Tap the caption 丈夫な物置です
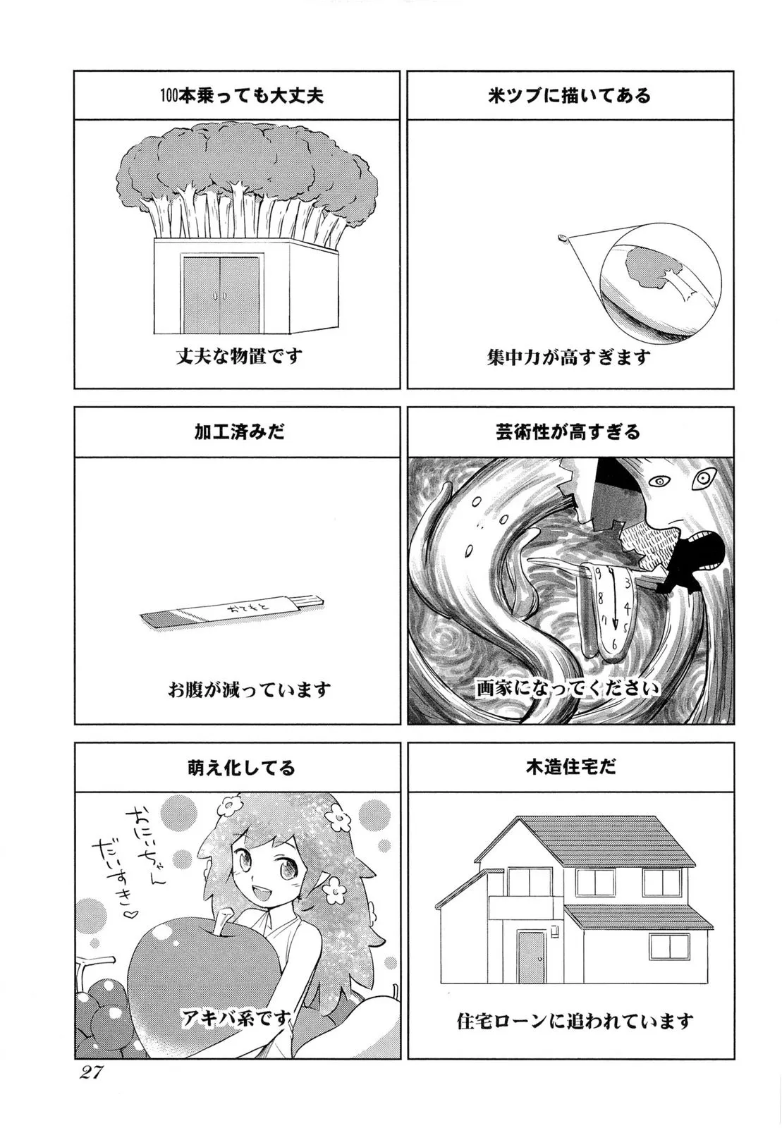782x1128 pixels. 239,357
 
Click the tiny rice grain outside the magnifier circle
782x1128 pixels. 562,237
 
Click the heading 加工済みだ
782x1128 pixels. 239,432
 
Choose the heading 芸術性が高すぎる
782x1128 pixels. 568,432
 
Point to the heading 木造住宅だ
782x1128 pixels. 569,767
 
